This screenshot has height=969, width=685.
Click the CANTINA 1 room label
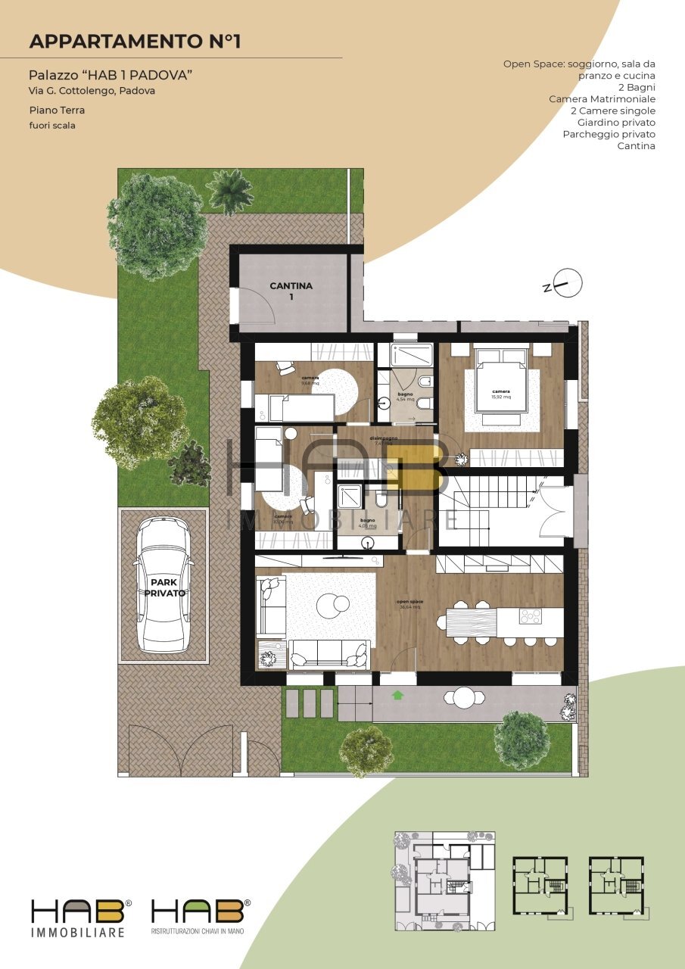pyautogui.click(x=291, y=291)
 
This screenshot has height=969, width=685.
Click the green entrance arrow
pyautogui.click(x=398, y=693)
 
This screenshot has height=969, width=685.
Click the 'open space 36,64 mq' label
pyautogui.click(x=409, y=604)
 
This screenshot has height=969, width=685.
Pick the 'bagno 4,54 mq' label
pyautogui.click(x=406, y=397)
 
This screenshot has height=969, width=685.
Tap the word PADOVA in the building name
pyautogui.click(x=164, y=75)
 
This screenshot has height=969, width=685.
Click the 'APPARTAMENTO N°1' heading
pyautogui.click(x=135, y=41)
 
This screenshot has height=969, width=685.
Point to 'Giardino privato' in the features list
pyautogui.click(x=616, y=122)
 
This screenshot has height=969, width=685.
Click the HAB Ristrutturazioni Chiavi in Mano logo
pyautogui.click(x=201, y=918)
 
